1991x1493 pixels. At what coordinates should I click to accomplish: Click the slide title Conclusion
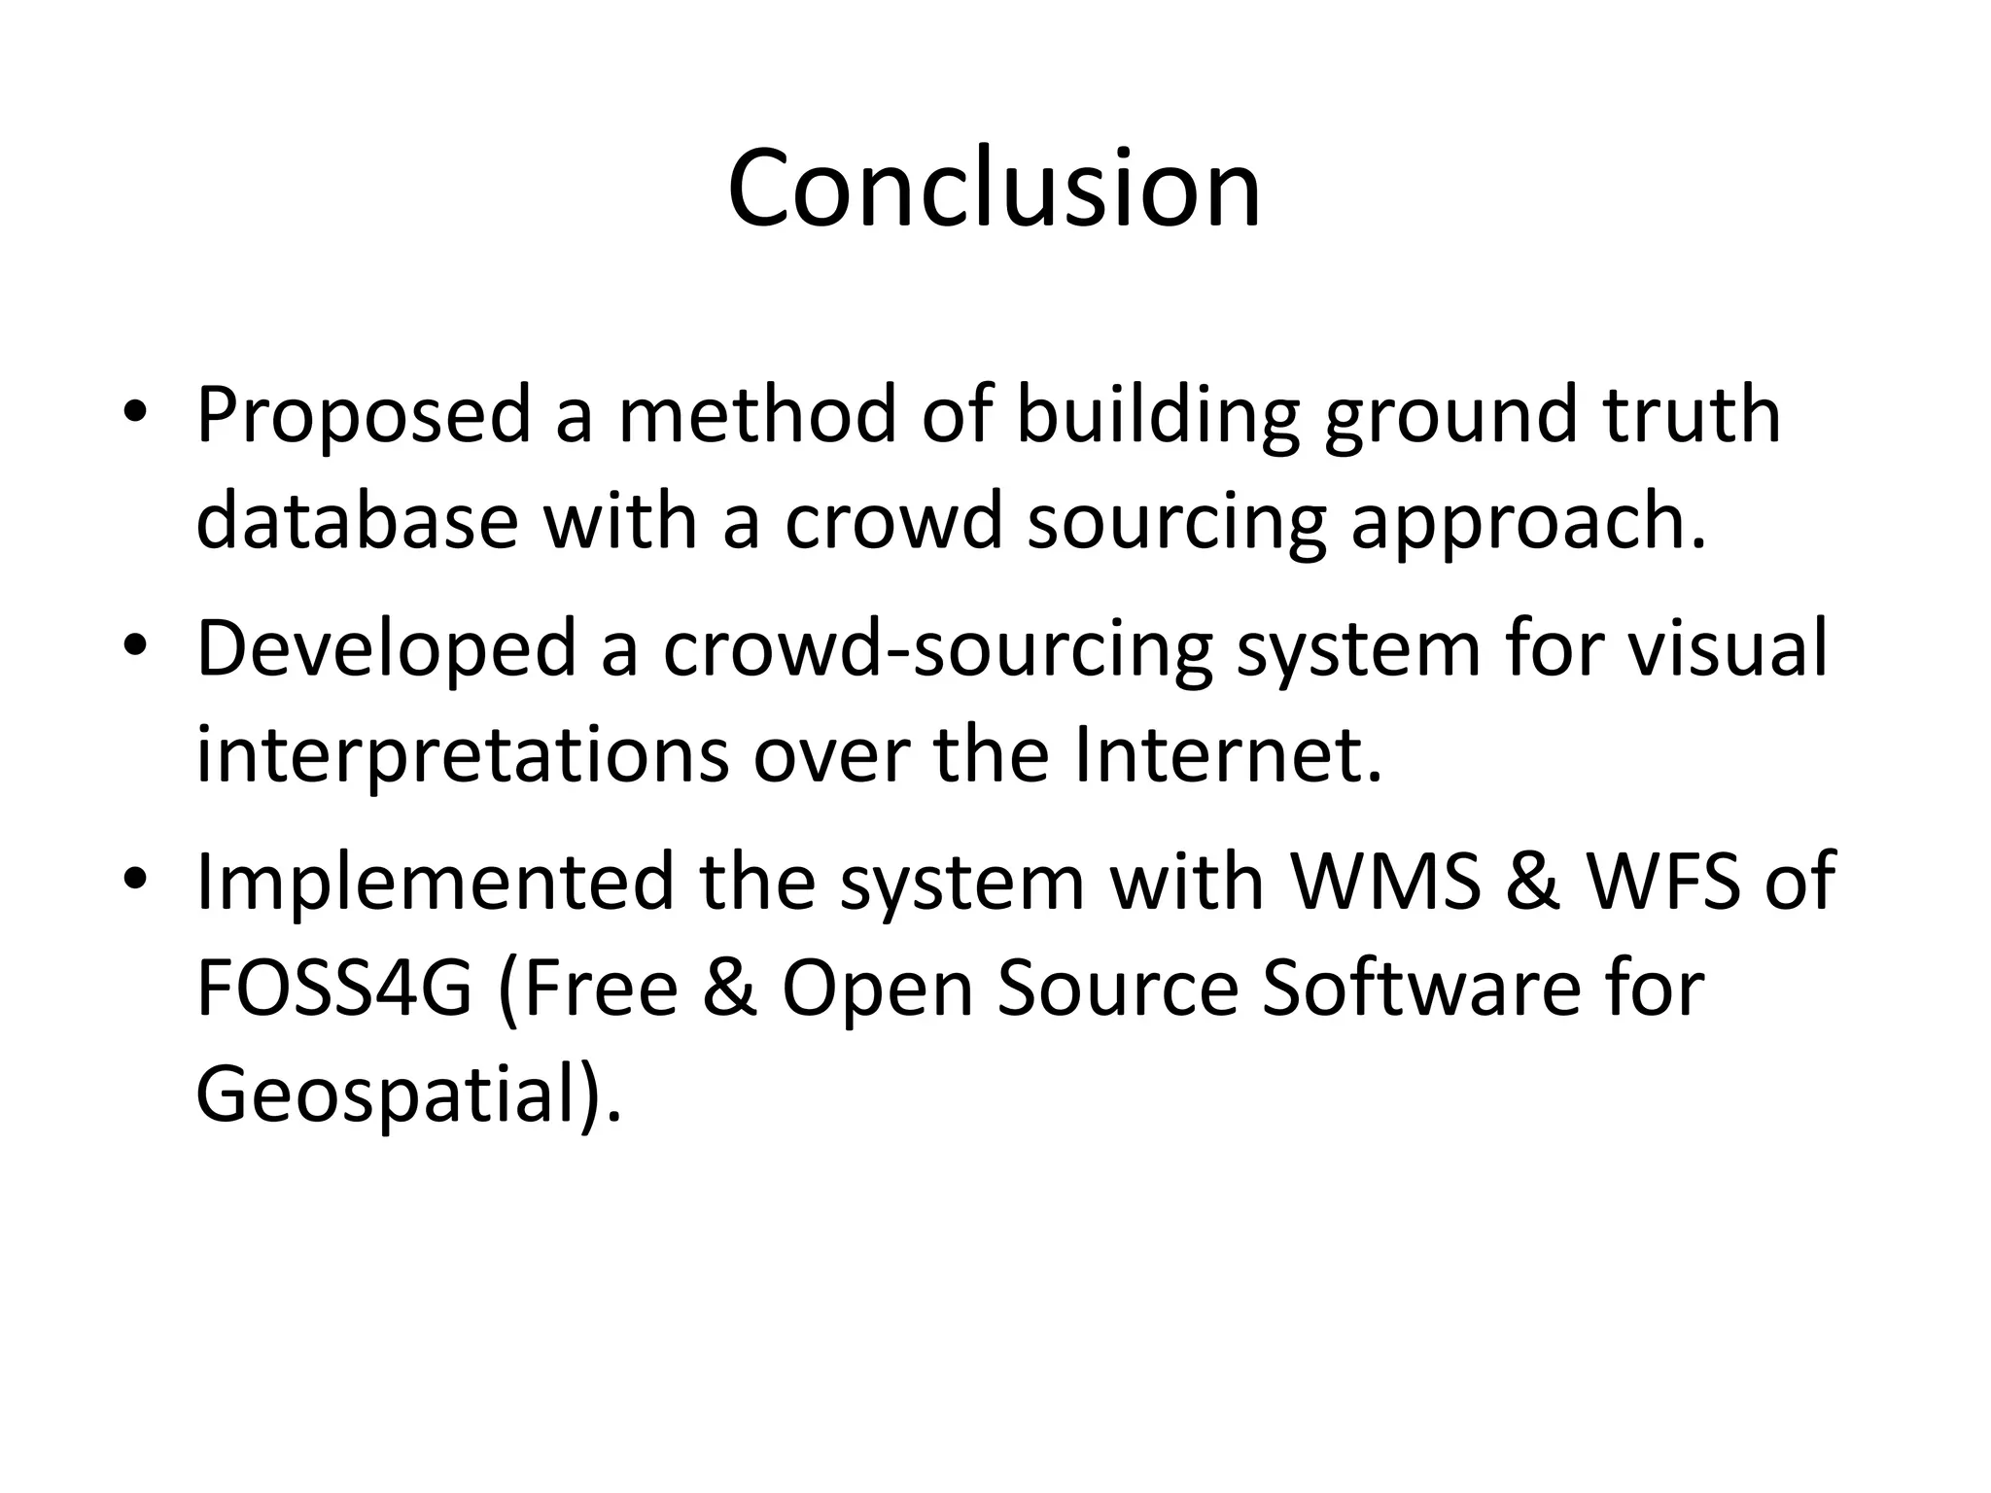(994, 189)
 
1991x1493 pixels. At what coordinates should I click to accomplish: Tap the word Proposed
(365, 417)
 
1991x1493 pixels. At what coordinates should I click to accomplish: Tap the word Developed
(387, 650)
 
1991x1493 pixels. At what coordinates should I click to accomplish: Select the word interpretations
(462, 756)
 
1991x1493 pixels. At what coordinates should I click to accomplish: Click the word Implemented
(435, 882)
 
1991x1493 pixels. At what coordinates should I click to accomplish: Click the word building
(1158, 417)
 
